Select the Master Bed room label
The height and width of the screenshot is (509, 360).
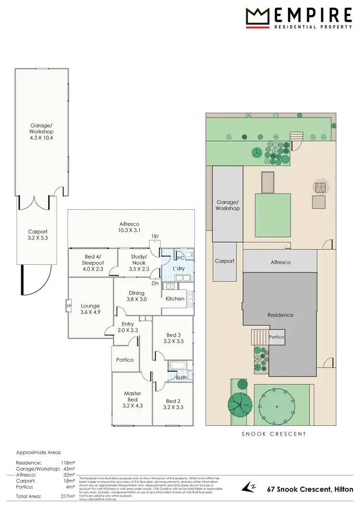click(132, 399)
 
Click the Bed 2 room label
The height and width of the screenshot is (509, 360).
click(173, 404)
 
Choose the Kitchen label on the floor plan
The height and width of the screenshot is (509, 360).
click(175, 298)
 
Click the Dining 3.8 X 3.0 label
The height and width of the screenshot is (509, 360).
click(137, 296)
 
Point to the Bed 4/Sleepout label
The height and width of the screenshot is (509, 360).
click(93, 259)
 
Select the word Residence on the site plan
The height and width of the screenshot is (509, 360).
click(280, 315)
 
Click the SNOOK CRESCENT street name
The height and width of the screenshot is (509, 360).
click(273, 434)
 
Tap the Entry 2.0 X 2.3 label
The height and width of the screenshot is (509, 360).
click(128, 327)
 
